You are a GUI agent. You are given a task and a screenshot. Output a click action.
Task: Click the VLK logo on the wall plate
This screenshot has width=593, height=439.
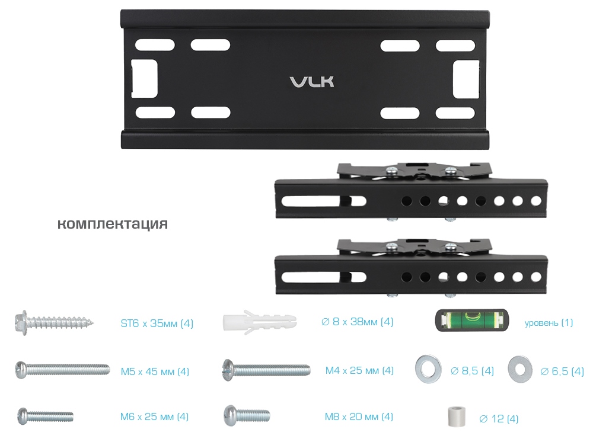coord(312,82)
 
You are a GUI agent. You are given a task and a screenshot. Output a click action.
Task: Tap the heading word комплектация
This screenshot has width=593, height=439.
coord(112,224)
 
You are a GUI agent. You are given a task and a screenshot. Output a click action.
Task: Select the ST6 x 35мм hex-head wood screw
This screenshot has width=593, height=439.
coord(54,323)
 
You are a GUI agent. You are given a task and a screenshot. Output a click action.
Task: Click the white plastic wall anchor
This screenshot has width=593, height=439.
coord(260,322)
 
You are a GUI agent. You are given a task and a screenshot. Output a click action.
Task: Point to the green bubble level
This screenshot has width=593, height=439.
coord(472,321)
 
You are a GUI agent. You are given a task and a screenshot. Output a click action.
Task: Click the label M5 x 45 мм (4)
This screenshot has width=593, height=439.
coord(155,371)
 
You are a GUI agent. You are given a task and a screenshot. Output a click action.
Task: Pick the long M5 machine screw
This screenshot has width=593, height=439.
coord(62,370)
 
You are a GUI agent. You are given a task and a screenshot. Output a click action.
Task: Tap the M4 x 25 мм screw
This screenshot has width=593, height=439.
coord(266,370)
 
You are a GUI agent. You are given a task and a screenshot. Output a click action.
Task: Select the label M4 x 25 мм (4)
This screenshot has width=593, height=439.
coord(359,370)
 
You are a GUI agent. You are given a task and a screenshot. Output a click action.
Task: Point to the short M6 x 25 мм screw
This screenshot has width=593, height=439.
coord(45,416)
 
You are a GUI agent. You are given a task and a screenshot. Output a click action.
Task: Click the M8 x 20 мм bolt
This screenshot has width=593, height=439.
coord(247,415)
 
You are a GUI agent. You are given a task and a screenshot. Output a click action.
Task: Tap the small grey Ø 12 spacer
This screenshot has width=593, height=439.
coord(455,416)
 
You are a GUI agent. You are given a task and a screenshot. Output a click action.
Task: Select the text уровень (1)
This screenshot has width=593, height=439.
coord(549,323)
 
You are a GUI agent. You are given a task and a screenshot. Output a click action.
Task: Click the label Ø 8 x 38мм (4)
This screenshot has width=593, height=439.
coord(357,322)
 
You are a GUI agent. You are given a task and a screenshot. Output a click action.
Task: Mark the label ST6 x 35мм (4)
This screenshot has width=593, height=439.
coord(157,323)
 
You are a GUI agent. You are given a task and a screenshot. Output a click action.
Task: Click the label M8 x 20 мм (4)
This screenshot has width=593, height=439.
coord(359,416)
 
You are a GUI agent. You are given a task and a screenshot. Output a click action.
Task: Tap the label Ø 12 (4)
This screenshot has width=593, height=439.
coord(499,419)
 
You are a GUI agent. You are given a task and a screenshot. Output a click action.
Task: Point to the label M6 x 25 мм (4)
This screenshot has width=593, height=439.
coord(154,416)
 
